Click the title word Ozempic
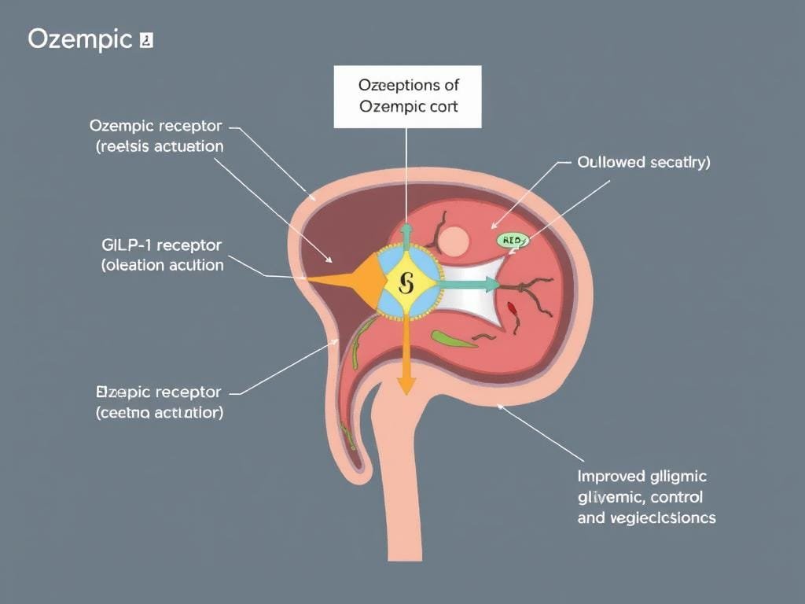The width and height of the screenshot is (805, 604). click(x=79, y=40)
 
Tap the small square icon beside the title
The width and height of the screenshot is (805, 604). click(x=145, y=40)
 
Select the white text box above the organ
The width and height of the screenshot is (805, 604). click(x=408, y=96)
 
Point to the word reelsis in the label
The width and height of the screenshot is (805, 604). click(x=128, y=146)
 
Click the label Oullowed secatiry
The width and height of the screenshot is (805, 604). click(x=643, y=163)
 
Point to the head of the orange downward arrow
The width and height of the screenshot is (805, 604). click(x=405, y=385)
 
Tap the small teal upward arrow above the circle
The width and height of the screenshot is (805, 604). click(x=406, y=234)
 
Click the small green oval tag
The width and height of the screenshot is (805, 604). click(x=512, y=241)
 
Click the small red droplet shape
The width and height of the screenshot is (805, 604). click(x=513, y=308)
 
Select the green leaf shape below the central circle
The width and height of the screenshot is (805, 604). click(x=453, y=339)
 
